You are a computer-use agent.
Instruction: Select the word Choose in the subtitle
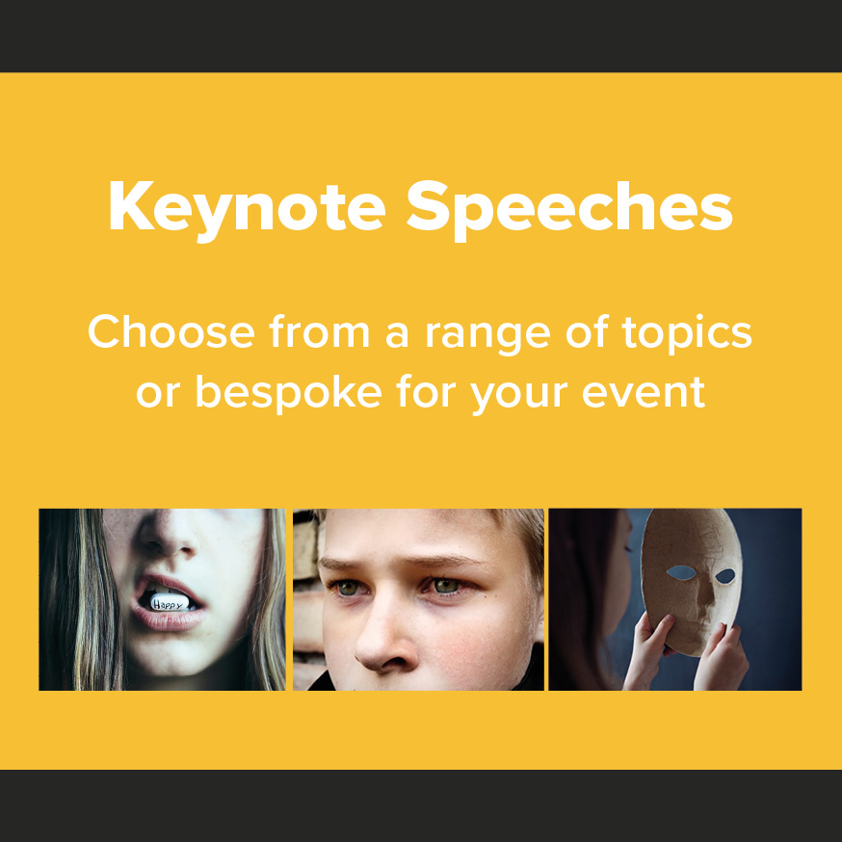pyautogui.click(x=171, y=331)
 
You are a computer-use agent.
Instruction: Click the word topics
pyautogui.click(x=687, y=334)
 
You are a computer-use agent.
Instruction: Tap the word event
pyautogui.click(x=644, y=392)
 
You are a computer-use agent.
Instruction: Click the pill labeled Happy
pyautogui.click(x=168, y=602)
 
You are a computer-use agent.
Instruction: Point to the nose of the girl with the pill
pyautogui.click(x=168, y=537)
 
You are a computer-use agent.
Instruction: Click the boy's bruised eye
pyautogui.click(x=446, y=587)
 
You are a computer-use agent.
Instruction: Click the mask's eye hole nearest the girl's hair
pyautogui.click(x=681, y=572)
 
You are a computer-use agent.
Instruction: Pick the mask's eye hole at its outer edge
pyautogui.click(x=725, y=576)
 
